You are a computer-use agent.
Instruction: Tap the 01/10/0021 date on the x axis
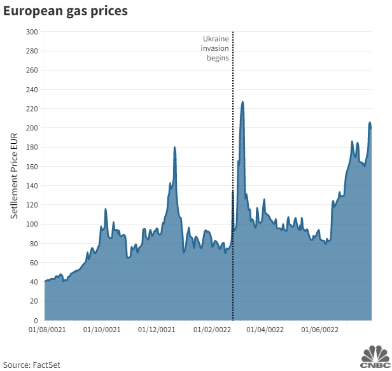click(102, 330)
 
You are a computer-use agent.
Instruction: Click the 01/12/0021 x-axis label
click(157, 330)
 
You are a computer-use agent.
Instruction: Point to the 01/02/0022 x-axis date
click(212, 330)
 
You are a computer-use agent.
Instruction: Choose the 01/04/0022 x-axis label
click(265, 330)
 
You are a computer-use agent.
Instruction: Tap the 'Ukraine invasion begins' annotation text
click(215, 48)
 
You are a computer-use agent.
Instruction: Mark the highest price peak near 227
click(242, 102)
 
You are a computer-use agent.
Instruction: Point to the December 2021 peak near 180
click(174, 148)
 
